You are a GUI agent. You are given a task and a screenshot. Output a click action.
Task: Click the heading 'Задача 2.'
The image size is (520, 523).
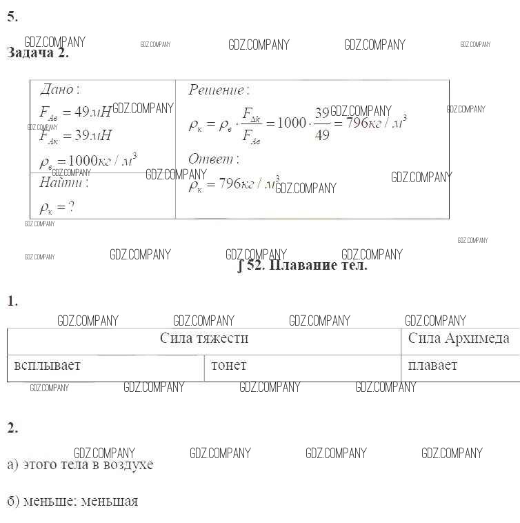(x=38, y=54)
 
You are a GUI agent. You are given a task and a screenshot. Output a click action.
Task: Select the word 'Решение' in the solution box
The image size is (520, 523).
(x=217, y=90)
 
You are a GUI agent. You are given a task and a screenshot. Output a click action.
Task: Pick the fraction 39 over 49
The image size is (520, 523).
(x=321, y=124)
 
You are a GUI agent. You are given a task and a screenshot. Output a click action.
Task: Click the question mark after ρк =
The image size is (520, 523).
(x=70, y=206)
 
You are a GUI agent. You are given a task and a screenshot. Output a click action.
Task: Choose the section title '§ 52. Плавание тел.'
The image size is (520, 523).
(x=302, y=266)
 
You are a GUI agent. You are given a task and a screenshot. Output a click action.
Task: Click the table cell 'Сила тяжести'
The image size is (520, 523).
(x=204, y=339)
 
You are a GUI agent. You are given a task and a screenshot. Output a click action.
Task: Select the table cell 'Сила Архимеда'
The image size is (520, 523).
(x=459, y=339)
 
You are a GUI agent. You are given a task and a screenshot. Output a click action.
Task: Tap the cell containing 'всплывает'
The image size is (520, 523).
(x=47, y=366)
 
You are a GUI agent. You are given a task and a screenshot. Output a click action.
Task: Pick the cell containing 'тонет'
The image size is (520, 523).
(x=229, y=366)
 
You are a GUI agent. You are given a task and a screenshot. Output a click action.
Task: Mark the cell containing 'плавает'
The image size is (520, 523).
(x=432, y=366)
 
